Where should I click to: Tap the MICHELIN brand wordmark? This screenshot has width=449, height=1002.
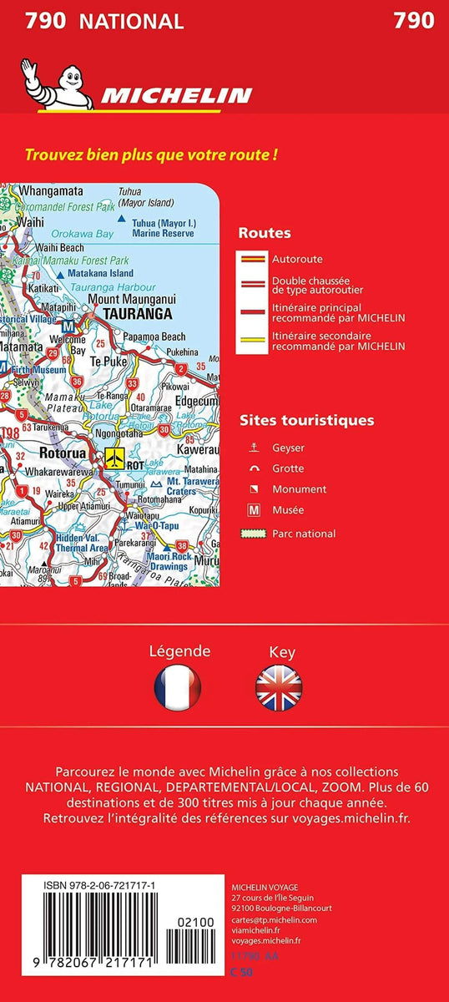(176, 95)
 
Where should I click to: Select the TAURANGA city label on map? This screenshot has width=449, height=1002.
(137, 315)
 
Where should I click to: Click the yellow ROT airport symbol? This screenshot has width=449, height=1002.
(113, 457)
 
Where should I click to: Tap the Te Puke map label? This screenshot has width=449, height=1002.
(107, 362)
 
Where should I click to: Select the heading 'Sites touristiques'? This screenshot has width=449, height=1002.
(306, 420)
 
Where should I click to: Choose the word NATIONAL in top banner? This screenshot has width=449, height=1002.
(131, 22)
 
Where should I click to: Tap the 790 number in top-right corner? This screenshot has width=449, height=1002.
(414, 21)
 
